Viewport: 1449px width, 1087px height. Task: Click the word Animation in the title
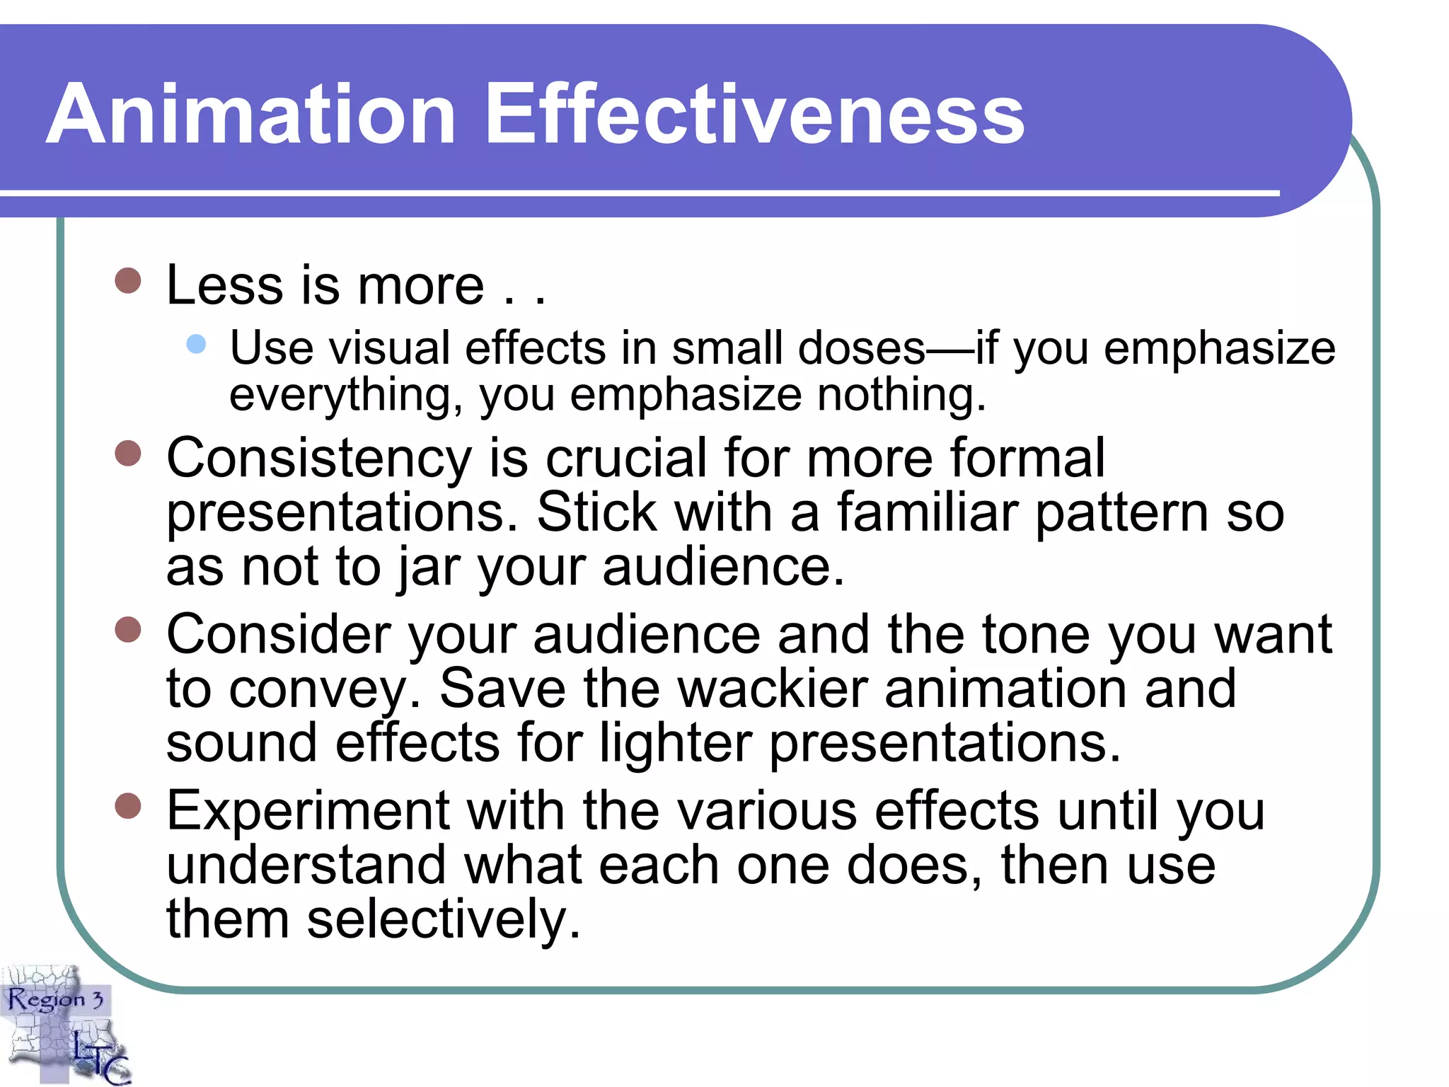[x=251, y=114]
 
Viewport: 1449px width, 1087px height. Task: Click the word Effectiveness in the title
[x=755, y=114]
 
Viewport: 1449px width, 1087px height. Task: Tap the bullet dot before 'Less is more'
[x=128, y=280]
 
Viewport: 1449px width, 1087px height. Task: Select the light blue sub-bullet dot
[x=196, y=344]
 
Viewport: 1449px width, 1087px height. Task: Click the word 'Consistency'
[x=318, y=459]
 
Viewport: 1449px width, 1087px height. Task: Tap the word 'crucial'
[x=625, y=458]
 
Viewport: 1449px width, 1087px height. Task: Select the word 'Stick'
[x=597, y=512]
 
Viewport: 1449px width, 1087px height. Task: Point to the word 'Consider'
[x=278, y=634]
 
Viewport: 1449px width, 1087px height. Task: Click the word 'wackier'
[x=773, y=688]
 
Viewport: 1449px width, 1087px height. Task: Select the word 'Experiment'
[x=308, y=811]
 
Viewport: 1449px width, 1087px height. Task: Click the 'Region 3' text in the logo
[x=55, y=1000]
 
